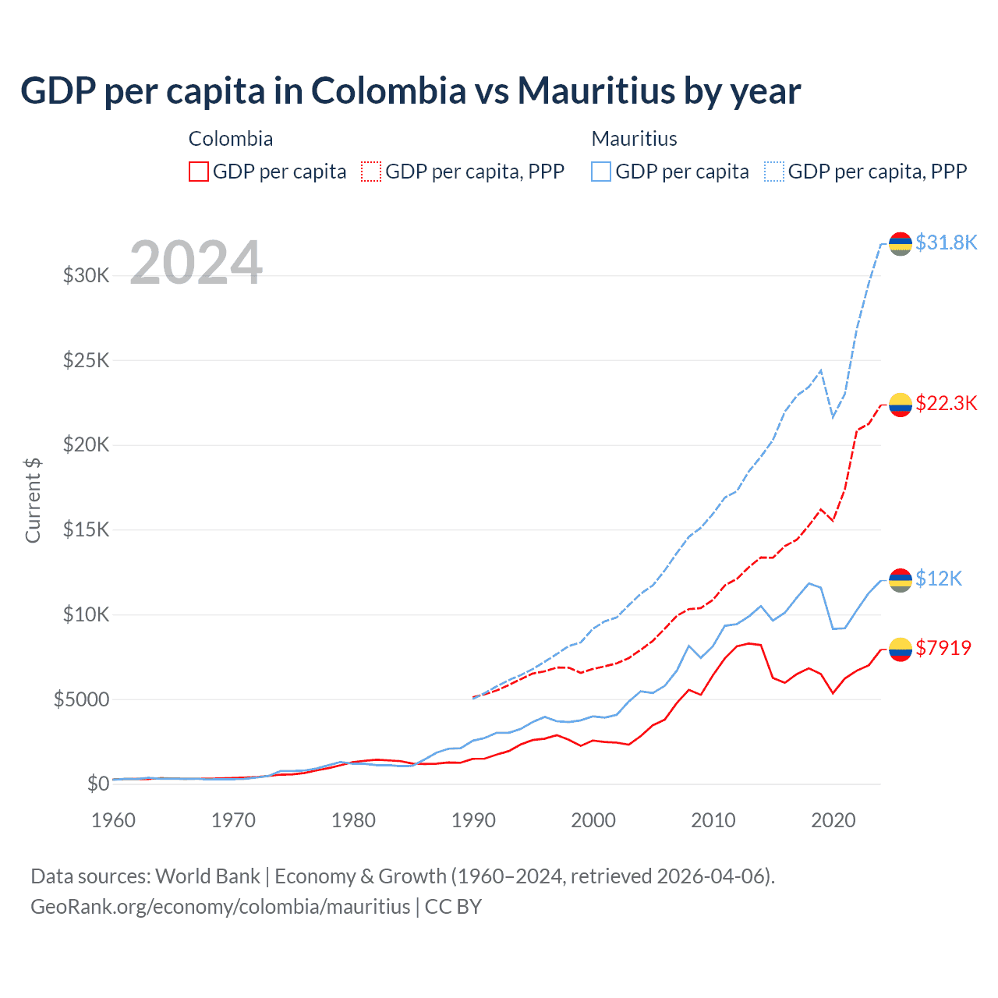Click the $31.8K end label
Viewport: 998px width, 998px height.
pos(946,242)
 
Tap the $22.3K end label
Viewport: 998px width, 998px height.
pos(946,403)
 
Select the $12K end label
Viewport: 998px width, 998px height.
pos(939,579)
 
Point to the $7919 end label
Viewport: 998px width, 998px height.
pos(943,648)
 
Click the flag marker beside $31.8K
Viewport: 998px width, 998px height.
pos(901,243)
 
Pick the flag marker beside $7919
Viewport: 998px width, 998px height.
pos(901,649)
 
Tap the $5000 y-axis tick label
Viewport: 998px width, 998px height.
pos(81,699)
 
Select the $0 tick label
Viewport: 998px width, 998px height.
pos(97,784)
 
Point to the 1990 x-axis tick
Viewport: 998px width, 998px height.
pos(473,820)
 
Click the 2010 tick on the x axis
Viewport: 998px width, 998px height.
pos(713,820)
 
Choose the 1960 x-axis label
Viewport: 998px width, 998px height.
pos(114,820)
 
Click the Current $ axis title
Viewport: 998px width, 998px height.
pos(33,500)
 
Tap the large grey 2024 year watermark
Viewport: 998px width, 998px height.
pos(196,263)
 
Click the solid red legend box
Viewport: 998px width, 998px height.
pos(199,172)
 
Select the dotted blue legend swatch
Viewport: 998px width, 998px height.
pos(774,172)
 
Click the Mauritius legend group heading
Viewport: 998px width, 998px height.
pos(634,139)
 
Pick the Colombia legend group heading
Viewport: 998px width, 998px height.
pos(231,139)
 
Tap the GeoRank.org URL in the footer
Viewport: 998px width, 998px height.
pos(220,907)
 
